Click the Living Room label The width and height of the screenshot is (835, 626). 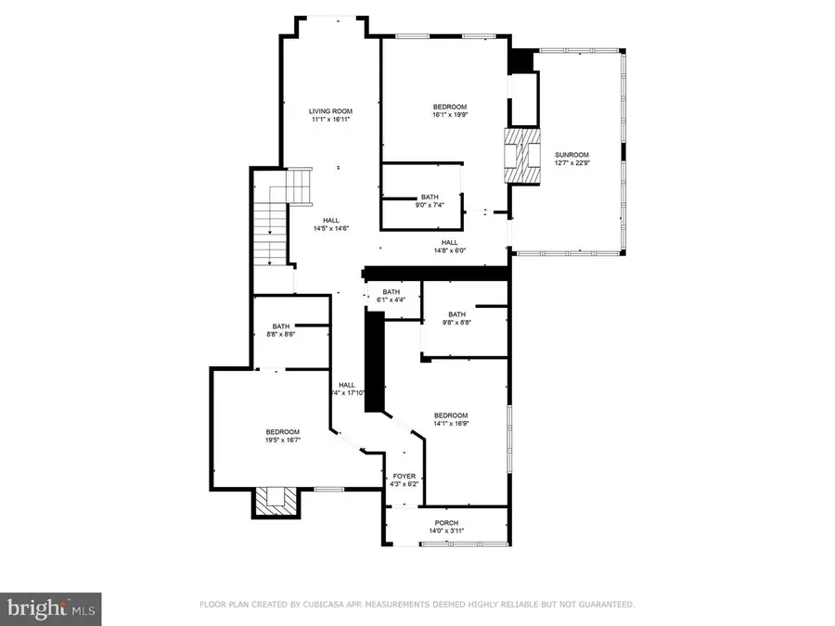[x=330, y=111]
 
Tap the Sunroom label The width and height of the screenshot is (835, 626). [x=572, y=155]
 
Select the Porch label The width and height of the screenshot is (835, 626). [x=447, y=521]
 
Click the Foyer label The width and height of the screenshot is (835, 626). [x=404, y=476]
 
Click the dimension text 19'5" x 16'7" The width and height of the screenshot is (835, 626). [x=282, y=440]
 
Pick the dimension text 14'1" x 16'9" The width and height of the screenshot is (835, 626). [x=450, y=424]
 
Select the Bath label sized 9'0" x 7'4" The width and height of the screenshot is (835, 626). [x=430, y=197]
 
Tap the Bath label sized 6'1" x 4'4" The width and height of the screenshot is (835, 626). [x=391, y=291]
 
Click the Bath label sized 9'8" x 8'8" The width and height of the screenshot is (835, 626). [x=456, y=314]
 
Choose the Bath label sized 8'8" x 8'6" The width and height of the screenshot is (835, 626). [x=280, y=326]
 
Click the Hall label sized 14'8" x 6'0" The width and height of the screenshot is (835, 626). [x=449, y=242]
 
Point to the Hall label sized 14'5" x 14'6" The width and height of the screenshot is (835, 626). [x=330, y=220]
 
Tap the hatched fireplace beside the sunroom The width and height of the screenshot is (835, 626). [x=521, y=158]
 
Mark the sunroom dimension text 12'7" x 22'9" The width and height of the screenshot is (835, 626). [x=572, y=163]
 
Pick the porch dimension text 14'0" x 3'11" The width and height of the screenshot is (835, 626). [x=447, y=530]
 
